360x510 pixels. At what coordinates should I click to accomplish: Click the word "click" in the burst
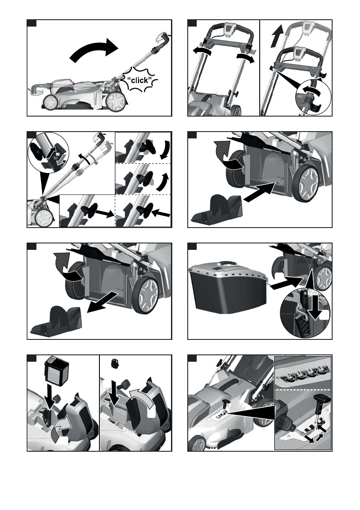[x=140, y=80]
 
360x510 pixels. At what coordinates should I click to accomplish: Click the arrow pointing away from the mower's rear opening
[x=102, y=302]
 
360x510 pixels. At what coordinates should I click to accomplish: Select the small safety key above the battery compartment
[x=114, y=363]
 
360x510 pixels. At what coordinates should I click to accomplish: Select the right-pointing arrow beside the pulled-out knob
[x=105, y=213]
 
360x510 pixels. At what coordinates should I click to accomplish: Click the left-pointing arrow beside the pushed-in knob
[x=161, y=213]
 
